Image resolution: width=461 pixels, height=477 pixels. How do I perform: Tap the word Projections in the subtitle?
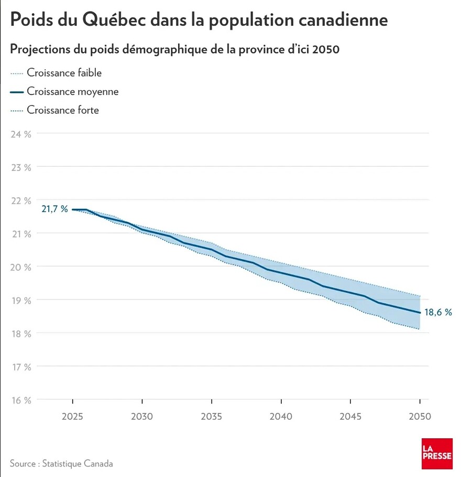(x=40, y=50)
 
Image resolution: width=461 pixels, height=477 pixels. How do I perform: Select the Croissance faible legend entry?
(x=64, y=73)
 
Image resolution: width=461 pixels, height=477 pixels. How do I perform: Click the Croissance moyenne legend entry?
(x=72, y=91)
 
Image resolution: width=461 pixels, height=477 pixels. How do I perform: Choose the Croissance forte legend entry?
(x=63, y=110)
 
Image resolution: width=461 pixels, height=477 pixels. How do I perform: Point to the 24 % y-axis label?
(x=20, y=134)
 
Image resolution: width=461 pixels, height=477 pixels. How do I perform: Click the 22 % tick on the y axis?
(x=20, y=200)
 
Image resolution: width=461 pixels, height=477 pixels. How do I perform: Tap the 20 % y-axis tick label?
(x=20, y=267)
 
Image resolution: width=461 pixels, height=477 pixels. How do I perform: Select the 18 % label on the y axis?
(x=20, y=333)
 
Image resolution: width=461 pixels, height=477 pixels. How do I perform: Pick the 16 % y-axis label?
(x=20, y=400)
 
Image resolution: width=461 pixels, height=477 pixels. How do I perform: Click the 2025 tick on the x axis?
(x=72, y=417)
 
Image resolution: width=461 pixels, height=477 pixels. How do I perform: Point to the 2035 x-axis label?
(x=211, y=417)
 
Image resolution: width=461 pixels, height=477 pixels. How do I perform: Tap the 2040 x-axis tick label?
(x=281, y=417)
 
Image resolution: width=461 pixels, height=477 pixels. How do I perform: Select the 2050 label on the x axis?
(x=420, y=417)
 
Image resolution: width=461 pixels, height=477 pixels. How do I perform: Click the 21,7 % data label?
(x=55, y=209)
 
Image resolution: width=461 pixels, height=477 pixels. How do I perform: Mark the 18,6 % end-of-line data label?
(x=438, y=312)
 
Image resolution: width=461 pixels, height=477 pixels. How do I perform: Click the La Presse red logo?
(x=437, y=453)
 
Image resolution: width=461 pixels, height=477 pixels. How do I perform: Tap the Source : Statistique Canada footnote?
(x=61, y=463)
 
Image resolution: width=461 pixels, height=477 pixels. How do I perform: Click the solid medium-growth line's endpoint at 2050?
(x=420, y=312)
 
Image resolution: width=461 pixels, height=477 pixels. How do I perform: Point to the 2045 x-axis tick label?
(x=350, y=417)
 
